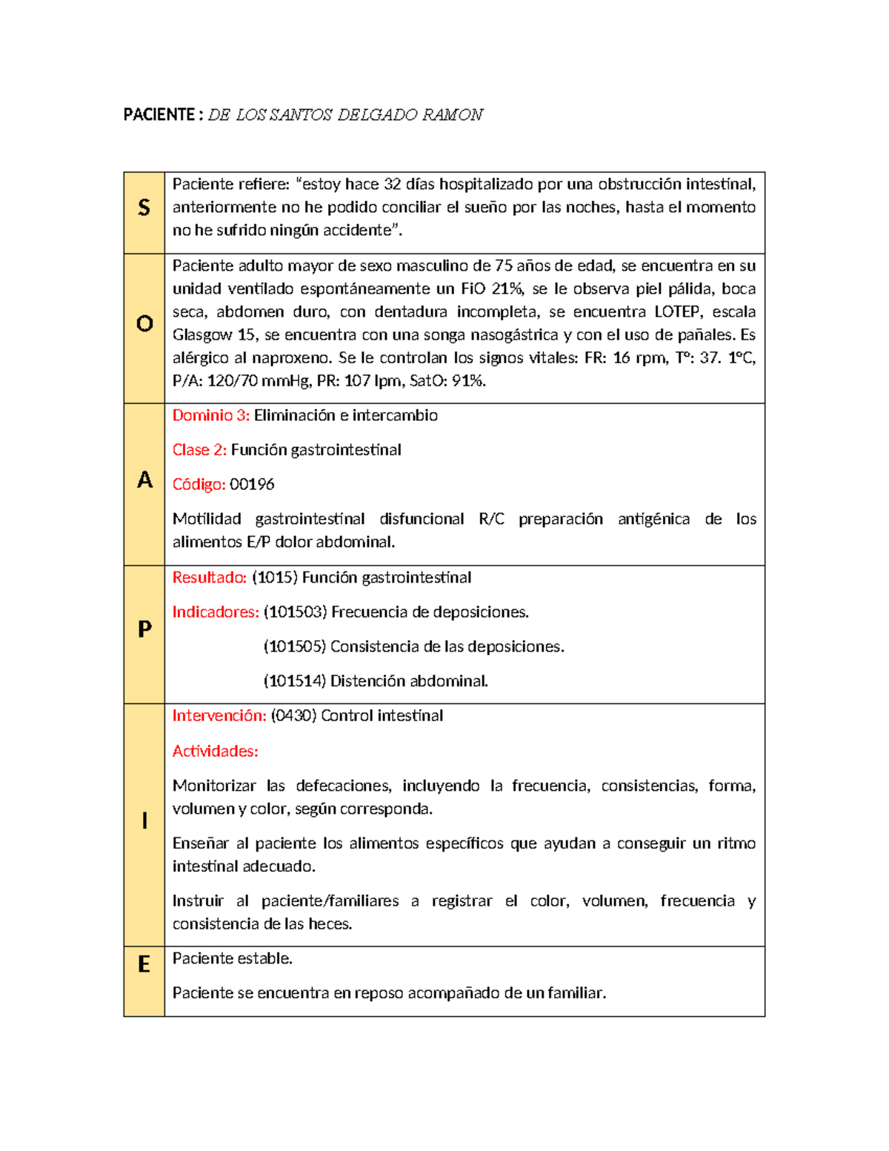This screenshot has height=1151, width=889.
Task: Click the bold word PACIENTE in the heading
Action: tap(159, 115)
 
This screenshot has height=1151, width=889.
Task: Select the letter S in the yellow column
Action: tap(144, 208)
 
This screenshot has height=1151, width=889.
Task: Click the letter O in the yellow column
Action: tap(144, 324)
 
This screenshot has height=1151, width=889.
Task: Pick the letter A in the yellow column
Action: tap(144, 480)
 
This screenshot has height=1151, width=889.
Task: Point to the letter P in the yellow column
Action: tap(144, 629)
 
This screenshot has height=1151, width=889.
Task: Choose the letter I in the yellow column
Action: tap(144, 820)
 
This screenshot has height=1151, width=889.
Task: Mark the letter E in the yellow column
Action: tap(144, 964)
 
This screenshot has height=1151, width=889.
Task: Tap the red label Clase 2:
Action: tap(199, 450)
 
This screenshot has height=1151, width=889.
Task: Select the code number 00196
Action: tap(252, 485)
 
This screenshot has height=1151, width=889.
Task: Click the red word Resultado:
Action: tap(210, 577)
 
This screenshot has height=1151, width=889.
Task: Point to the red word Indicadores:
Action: tap(216, 612)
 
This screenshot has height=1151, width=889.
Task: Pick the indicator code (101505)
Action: tap(295, 647)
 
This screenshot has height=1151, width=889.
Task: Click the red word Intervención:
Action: tap(219, 716)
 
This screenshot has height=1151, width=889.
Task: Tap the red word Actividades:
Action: tap(215, 752)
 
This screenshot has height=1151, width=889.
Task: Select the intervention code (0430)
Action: tap(294, 716)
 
